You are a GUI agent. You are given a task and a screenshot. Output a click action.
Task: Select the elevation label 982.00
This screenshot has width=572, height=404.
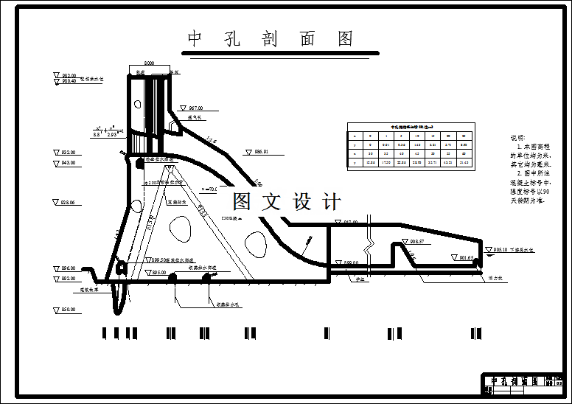coord(69,75)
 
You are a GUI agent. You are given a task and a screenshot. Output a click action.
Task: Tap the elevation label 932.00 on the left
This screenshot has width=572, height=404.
coord(69,152)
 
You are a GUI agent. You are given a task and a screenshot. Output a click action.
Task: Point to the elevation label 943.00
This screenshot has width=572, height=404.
coord(69,163)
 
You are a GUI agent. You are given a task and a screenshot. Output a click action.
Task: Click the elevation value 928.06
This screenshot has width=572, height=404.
coord(69,202)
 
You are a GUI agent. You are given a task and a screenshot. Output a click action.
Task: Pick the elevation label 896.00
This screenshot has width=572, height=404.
coord(69,268)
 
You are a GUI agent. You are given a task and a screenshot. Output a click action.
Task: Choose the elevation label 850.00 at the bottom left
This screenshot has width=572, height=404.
coord(69,309)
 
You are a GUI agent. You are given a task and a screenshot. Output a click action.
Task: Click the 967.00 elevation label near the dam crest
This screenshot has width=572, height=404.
coord(195,108)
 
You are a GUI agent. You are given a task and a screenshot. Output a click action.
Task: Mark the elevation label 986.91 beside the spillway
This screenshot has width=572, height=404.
coord(259,152)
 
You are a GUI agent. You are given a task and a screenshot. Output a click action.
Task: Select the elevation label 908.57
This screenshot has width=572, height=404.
coord(416,241)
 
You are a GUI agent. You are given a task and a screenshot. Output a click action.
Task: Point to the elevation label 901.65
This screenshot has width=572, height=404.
coord(465,258)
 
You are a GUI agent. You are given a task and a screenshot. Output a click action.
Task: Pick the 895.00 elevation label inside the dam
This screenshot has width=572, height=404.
coord(158,272)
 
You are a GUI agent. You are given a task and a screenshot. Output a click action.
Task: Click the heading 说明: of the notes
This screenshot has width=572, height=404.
coord(518,138)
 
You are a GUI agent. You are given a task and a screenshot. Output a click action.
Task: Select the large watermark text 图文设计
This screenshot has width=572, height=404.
coord(287,201)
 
